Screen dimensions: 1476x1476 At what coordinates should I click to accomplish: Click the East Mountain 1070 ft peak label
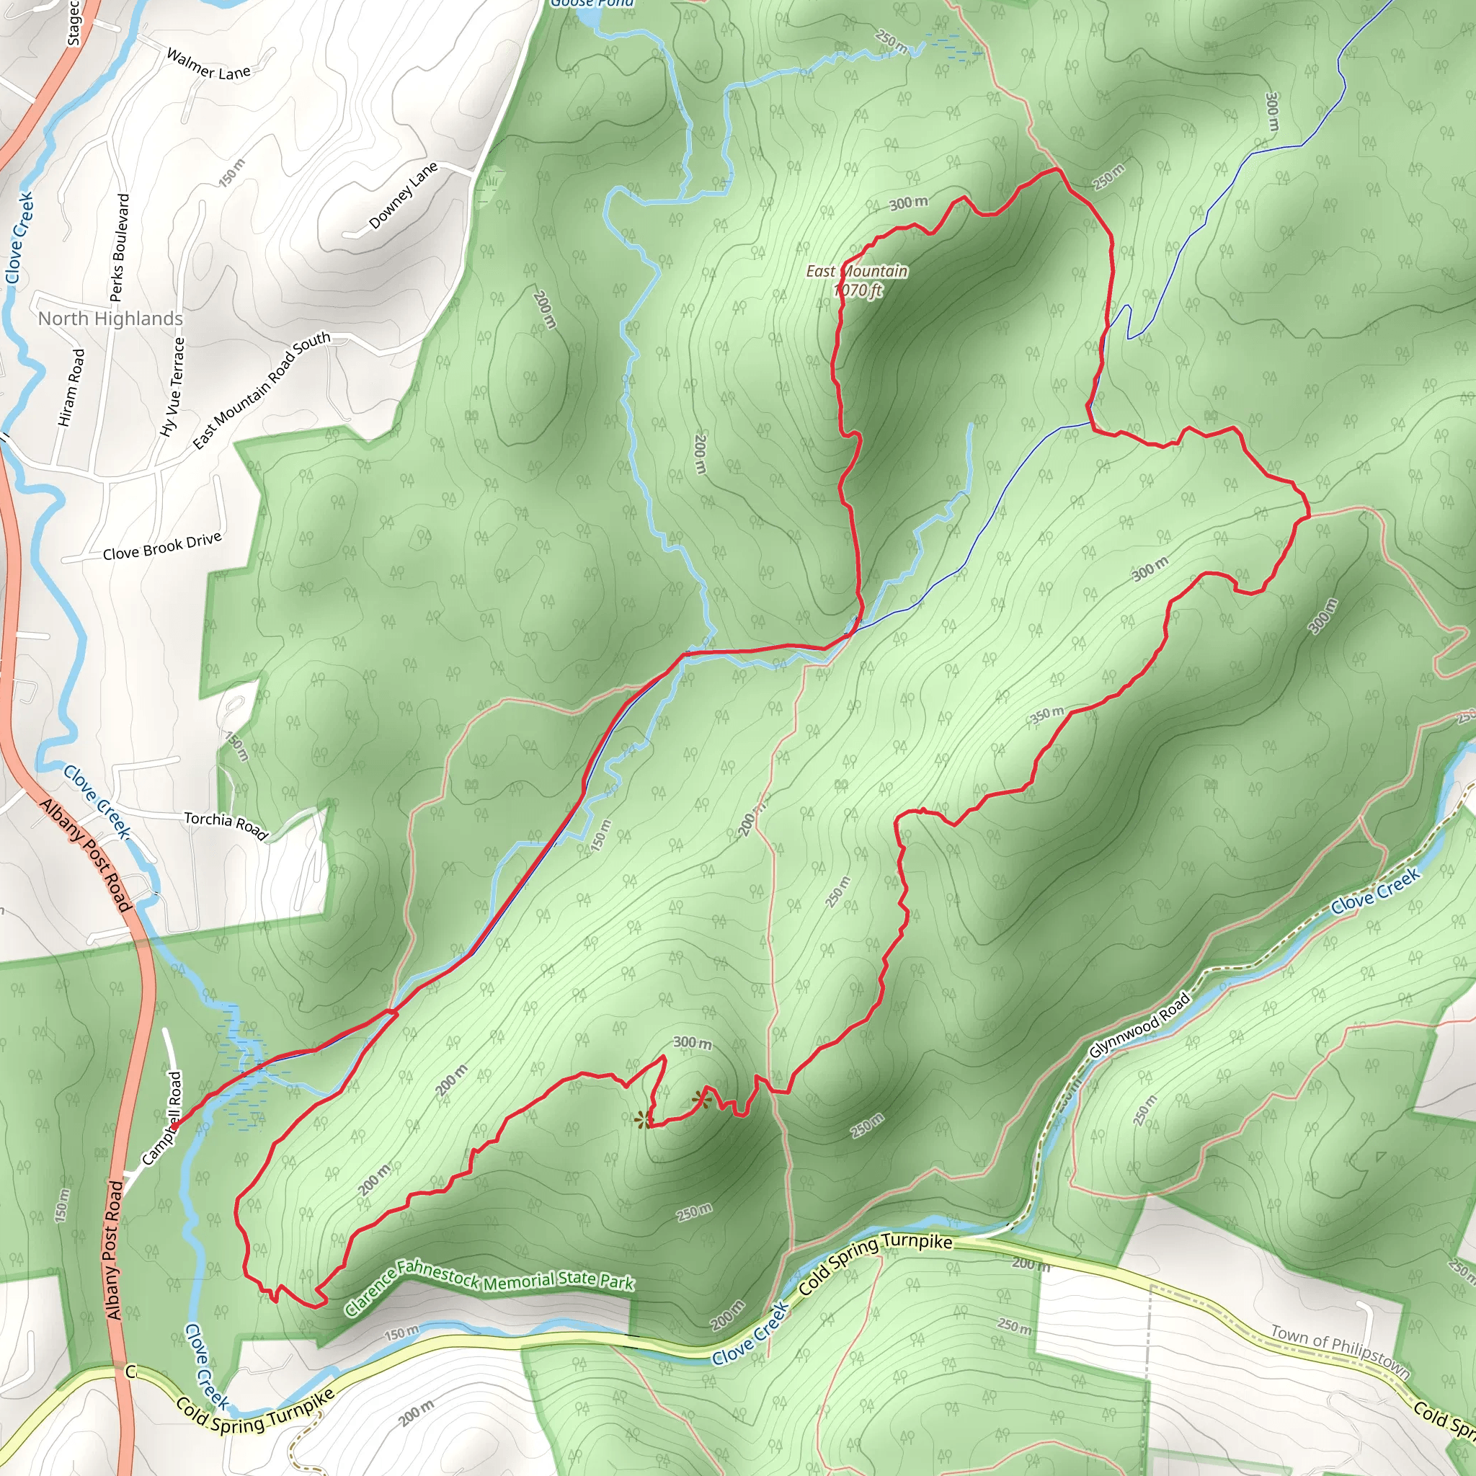(x=857, y=280)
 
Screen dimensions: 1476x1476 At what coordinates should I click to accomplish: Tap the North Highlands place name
(x=111, y=319)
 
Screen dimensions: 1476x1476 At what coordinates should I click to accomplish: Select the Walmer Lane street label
(x=208, y=65)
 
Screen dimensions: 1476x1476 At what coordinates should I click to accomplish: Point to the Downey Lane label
(x=403, y=195)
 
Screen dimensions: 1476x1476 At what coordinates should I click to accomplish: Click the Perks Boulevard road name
(x=119, y=247)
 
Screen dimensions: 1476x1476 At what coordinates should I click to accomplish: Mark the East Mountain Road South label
(x=262, y=391)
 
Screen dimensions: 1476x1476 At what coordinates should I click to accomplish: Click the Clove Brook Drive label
(x=162, y=546)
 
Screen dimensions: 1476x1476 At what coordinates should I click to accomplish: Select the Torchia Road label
(x=226, y=825)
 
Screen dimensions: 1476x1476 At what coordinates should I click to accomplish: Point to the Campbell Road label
(x=162, y=1119)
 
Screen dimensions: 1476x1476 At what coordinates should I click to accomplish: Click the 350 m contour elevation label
(x=1047, y=715)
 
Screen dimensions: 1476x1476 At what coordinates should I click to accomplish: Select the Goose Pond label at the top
(x=592, y=3)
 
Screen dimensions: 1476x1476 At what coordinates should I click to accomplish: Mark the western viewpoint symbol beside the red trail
(x=644, y=1121)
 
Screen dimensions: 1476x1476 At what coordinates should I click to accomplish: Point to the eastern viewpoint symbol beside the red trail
(x=701, y=1100)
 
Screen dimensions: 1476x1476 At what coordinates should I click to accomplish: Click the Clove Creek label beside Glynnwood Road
(x=1375, y=891)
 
